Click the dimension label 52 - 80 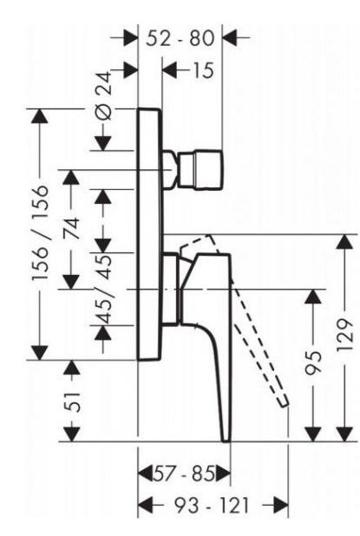180,38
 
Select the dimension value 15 203,70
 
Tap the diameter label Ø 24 103,95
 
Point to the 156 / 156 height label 40,233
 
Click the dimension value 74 72,229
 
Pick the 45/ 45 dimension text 103,289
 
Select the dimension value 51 72,402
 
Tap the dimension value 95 313,363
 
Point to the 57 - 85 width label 184,474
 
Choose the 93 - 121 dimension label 212,506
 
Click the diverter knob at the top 200,169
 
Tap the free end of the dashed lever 285,402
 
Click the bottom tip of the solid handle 226,441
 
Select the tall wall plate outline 150,234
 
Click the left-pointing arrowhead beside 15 170,70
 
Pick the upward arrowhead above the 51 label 72,368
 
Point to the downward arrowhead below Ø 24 103,143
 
